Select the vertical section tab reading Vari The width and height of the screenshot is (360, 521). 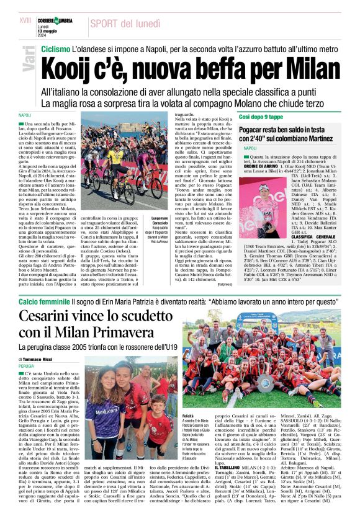pyautogui.click(x=25, y=61)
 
